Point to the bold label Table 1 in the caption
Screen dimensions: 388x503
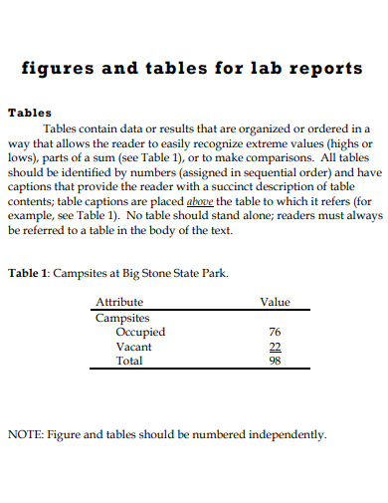coord(27,272)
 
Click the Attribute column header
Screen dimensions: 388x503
coord(118,302)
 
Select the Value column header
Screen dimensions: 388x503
coord(275,302)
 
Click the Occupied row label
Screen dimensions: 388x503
coord(140,332)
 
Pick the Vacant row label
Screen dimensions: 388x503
coord(134,347)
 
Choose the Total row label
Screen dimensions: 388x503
coord(130,361)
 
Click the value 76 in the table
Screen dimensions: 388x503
coord(276,332)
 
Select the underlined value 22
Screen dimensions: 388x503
coord(276,347)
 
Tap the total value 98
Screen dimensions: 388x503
coord(276,361)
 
